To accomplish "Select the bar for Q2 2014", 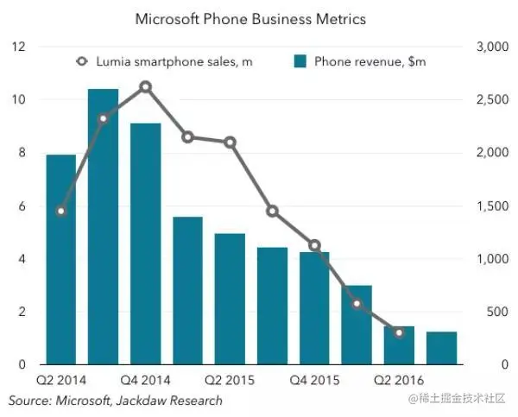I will (x=60, y=259).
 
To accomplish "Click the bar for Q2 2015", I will (x=230, y=299).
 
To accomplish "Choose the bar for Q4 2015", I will (x=314, y=307).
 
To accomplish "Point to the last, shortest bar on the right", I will (x=441, y=349).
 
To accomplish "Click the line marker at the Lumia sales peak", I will (x=145, y=86).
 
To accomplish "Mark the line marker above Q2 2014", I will (x=60, y=211).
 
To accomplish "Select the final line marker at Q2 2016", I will (x=399, y=332).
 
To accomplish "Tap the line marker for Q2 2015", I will (x=230, y=142).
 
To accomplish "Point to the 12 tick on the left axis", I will (x=18, y=47).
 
